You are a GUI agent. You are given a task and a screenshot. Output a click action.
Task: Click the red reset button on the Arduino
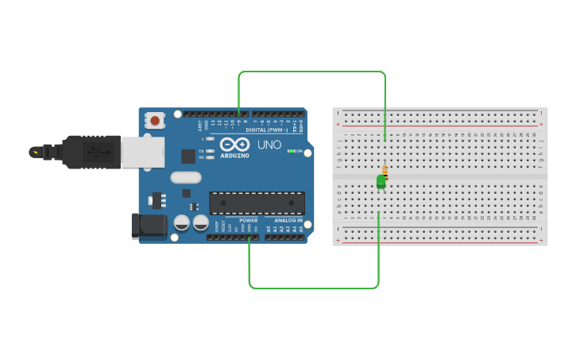155,121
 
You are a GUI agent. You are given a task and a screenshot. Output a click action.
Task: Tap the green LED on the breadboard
381,182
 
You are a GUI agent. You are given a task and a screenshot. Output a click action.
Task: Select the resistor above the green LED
385,169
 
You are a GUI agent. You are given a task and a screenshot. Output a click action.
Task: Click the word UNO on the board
269,145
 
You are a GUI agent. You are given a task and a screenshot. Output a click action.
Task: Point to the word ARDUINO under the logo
234,156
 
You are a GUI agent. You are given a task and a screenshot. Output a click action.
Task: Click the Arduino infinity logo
234,145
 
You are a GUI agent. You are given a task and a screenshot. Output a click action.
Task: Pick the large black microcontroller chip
257,203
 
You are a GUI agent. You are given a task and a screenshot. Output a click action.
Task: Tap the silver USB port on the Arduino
143,152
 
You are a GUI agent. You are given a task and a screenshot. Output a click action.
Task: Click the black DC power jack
149,226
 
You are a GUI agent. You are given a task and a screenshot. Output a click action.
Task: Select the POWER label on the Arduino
249,220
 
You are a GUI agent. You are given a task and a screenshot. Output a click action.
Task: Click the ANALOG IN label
288,220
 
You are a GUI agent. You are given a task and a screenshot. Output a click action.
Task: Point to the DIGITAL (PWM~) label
267,130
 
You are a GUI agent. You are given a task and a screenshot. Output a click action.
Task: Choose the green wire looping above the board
312,72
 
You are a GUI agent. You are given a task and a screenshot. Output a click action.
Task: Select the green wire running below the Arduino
314,287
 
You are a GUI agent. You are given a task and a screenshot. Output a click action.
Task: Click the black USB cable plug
91,151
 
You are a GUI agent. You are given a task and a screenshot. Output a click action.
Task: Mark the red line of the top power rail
439,126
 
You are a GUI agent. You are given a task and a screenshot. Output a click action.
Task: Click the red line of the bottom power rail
439,228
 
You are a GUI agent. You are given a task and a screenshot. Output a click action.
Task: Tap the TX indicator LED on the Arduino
208,150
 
